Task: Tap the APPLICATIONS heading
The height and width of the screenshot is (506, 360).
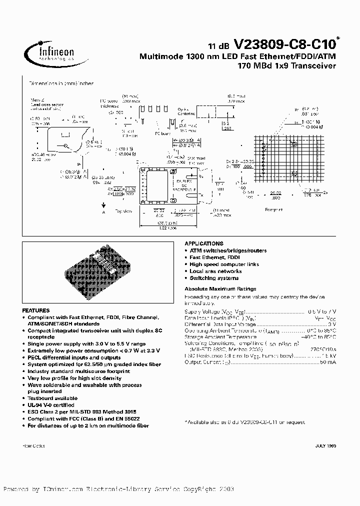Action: (204, 243)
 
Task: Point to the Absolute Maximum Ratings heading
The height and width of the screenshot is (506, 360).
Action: (220, 288)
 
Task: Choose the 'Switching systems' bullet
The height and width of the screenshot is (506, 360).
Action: (214, 278)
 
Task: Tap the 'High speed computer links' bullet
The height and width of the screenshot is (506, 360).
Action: (224, 264)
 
